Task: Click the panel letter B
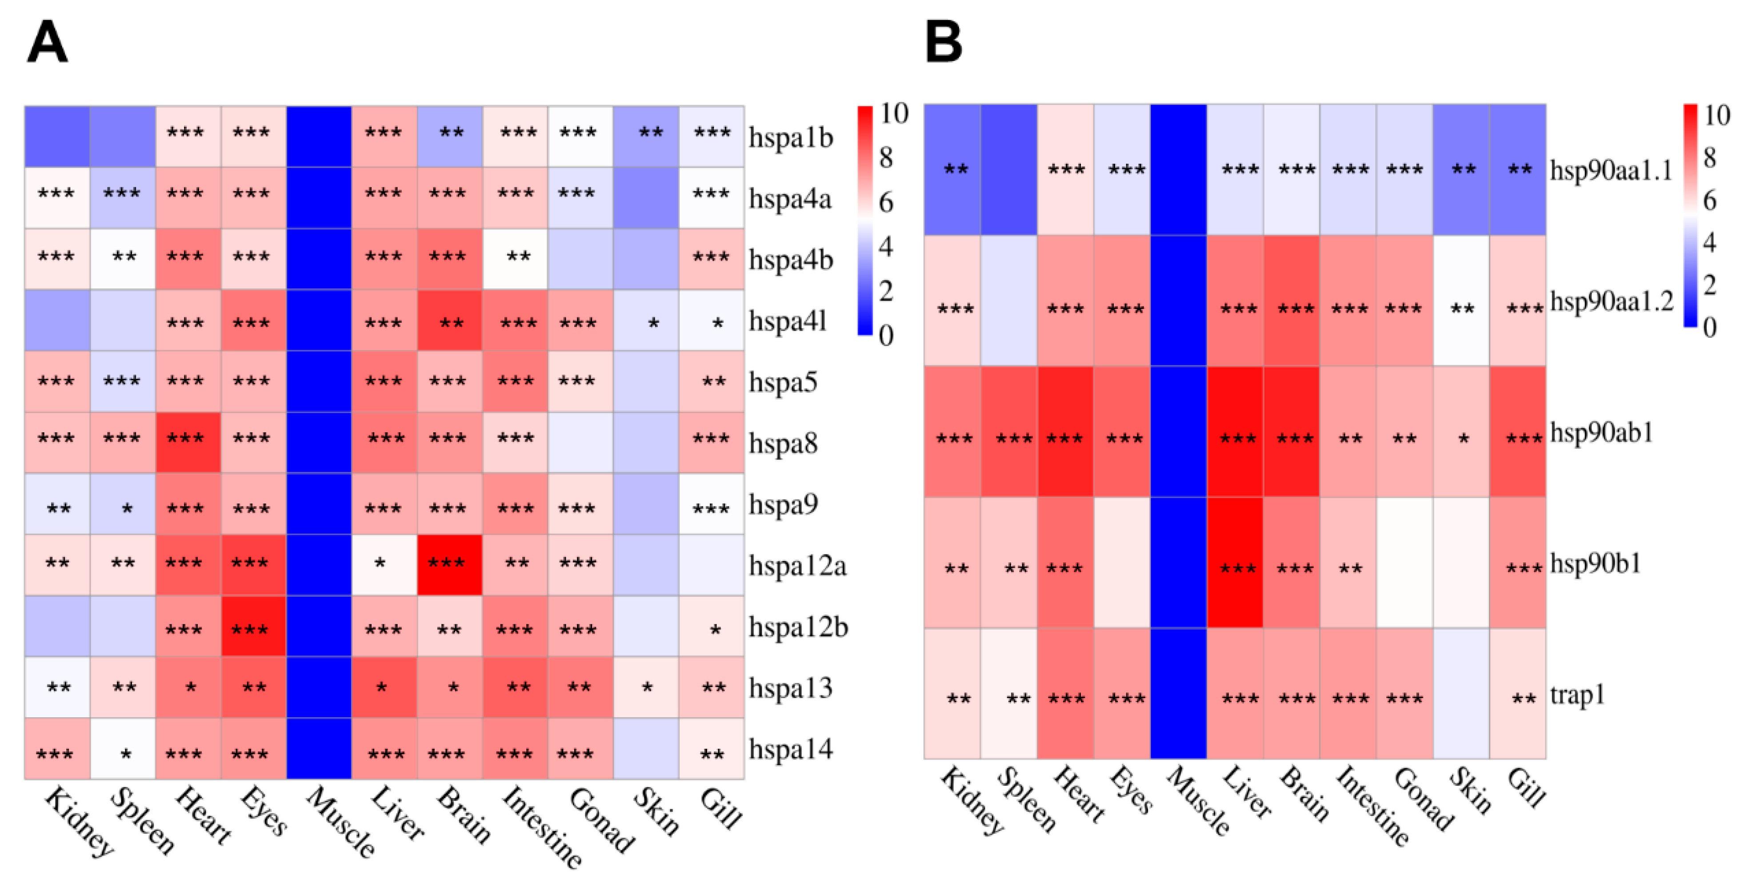(943, 42)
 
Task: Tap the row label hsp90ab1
(1601, 432)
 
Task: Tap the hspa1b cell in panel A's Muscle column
(318, 136)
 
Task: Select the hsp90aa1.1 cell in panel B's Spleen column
(1009, 169)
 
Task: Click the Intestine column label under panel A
(542, 826)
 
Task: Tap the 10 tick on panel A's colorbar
(894, 114)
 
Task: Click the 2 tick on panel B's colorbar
(1709, 285)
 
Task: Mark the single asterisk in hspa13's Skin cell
(647, 688)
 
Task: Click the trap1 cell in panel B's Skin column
(1460, 694)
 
